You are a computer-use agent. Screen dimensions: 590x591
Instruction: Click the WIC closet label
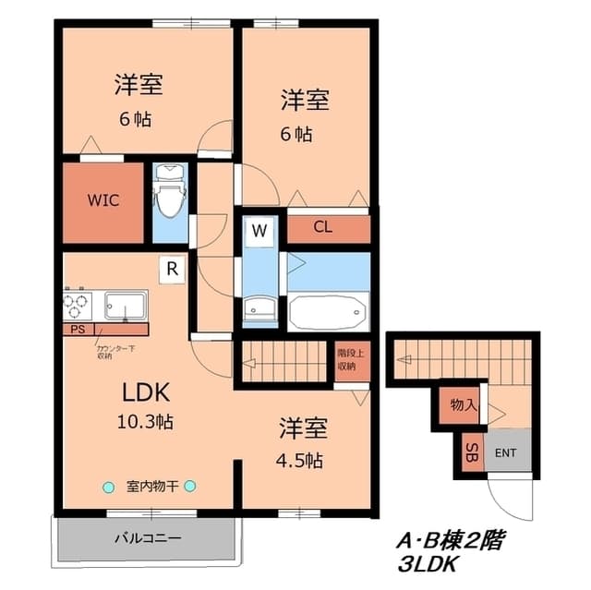click(x=103, y=200)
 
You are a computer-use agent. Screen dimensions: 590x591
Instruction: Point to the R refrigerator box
click(x=172, y=269)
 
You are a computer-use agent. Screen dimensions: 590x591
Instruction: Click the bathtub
click(x=328, y=311)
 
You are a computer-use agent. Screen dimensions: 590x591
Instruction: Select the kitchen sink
click(x=126, y=305)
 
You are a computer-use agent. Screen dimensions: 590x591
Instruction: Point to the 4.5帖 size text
click(x=301, y=459)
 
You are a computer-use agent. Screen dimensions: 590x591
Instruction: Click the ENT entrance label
click(x=505, y=452)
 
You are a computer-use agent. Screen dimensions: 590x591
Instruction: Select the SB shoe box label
click(x=470, y=452)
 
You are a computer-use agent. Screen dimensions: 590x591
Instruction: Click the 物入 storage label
click(x=464, y=404)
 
